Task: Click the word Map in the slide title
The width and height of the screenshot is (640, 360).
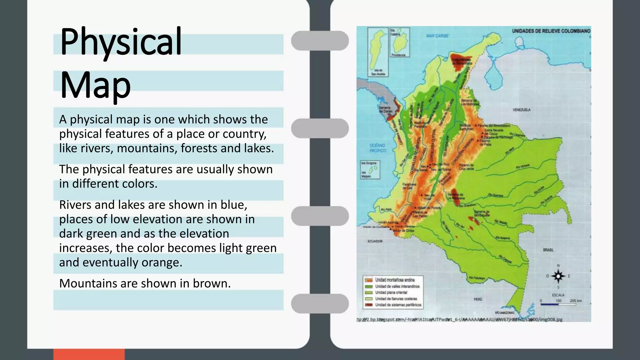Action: pyautogui.click(x=95, y=84)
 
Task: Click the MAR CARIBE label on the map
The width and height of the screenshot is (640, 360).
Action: pyautogui.click(x=437, y=36)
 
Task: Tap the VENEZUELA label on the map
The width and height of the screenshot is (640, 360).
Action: pyautogui.click(x=521, y=110)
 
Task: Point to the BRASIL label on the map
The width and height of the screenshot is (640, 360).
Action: pyautogui.click(x=548, y=250)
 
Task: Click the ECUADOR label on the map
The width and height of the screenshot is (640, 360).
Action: pyautogui.click(x=375, y=241)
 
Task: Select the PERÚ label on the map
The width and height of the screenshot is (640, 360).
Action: pyautogui.click(x=478, y=299)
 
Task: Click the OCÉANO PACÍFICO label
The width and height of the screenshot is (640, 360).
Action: pyautogui.click(x=377, y=148)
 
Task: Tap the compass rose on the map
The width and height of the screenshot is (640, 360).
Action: pyautogui.click(x=558, y=276)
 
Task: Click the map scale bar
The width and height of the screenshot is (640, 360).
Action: pyautogui.click(x=558, y=304)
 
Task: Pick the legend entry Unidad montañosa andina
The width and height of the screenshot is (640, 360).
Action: pyautogui.click(x=395, y=280)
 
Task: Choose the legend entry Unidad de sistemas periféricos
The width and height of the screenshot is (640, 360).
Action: pyautogui.click(x=398, y=305)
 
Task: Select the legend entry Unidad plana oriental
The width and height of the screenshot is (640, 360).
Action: pyautogui.click(x=391, y=292)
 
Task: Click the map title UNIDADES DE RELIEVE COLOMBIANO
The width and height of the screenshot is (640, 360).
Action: pyautogui.click(x=551, y=31)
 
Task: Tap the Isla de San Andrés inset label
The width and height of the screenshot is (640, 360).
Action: pyautogui.click(x=378, y=72)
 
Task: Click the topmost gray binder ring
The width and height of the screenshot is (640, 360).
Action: pyautogui.click(x=320, y=41)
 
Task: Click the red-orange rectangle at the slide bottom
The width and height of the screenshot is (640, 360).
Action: pyautogui.click(x=89, y=354)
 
